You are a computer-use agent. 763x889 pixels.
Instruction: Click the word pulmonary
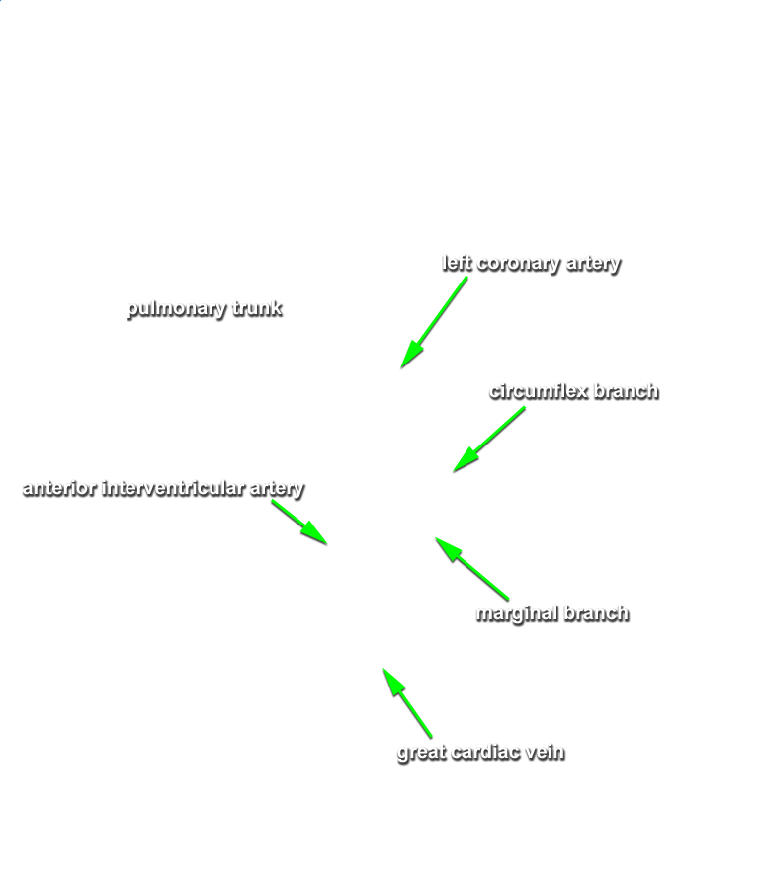click(x=176, y=309)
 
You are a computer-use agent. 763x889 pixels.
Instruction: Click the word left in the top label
click(x=457, y=263)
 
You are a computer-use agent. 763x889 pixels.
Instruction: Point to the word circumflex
click(x=539, y=391)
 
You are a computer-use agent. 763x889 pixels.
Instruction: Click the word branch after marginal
click(x=597, y=613)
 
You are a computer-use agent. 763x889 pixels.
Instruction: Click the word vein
click(x=546, y=752)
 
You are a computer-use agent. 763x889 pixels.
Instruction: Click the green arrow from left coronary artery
click(x=434, y=322)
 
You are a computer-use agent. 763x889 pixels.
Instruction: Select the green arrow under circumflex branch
click(x=489, y=440)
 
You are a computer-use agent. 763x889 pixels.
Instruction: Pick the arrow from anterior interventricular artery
click(x=299, y=523)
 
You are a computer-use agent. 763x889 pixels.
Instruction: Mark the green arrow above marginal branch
click(x=472, y=569)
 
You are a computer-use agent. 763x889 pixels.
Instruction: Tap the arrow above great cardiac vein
click(x=407, y=703)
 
